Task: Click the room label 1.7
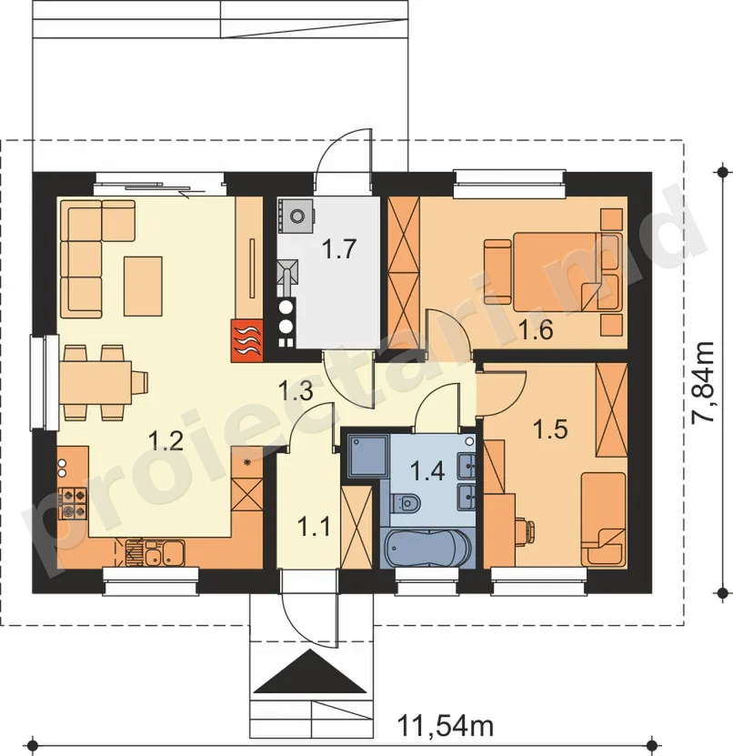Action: tap(339, 248)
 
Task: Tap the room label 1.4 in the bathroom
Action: tap(427, 470)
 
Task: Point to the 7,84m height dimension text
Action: tap(702, 383)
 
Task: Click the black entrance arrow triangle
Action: tap(309, 671)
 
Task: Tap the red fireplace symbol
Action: tap(246, 340)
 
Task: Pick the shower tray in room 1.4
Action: tap(367, 456)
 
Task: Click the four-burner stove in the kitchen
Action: tap(73, 503)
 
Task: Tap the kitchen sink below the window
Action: tap(156, 552)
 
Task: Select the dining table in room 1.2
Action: tap(95, 383)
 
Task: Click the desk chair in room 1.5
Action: tap(524, 527)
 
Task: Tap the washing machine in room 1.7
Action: tap(296, 214)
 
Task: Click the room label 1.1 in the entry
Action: tap(315, 526)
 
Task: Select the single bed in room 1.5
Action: tap(603, 519)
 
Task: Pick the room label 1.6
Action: tap(536, 330)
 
